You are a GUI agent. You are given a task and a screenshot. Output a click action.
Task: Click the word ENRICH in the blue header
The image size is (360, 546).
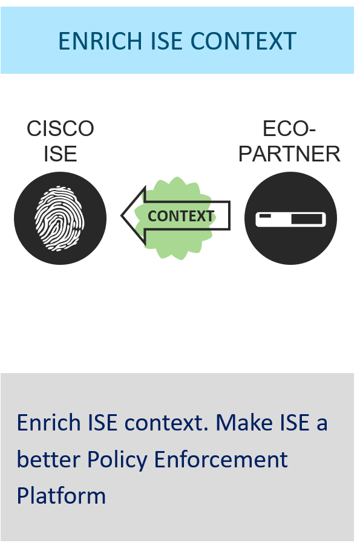(100, 41)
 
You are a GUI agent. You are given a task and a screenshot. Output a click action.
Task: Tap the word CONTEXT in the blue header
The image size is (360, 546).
(244, 41)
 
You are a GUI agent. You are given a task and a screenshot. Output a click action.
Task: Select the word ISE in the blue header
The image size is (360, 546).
(166, 41)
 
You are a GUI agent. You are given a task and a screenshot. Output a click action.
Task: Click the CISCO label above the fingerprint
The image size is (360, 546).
(61, 129)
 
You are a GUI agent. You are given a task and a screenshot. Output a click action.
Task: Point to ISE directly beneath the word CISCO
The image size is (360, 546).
(61, 154)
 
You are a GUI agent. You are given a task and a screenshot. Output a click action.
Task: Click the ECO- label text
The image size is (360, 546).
(289, 129)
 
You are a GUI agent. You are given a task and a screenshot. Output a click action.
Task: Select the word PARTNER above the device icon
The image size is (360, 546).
(289, 154)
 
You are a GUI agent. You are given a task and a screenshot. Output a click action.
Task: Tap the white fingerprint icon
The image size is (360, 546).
(59, 218)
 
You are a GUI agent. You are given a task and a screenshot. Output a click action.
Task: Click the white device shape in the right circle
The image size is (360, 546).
(290, 219)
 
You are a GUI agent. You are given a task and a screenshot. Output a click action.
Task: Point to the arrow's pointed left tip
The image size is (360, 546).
(121, 215)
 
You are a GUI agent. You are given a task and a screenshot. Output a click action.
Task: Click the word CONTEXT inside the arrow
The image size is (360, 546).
(181, 216)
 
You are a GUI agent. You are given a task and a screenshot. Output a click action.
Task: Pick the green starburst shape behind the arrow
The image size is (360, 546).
(175, 218)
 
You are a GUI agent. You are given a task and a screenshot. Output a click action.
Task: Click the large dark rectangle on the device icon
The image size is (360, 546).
(307, 219)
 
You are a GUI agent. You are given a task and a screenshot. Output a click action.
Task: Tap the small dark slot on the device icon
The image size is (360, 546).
(265, 216)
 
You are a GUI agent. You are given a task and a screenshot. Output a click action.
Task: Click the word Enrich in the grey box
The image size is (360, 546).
(50, 423)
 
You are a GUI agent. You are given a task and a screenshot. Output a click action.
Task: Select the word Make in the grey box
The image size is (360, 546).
(244, 423)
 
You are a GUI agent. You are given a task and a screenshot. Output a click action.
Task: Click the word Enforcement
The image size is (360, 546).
(221, 460)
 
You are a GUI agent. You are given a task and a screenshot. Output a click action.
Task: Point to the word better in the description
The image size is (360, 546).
(48, 460)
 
